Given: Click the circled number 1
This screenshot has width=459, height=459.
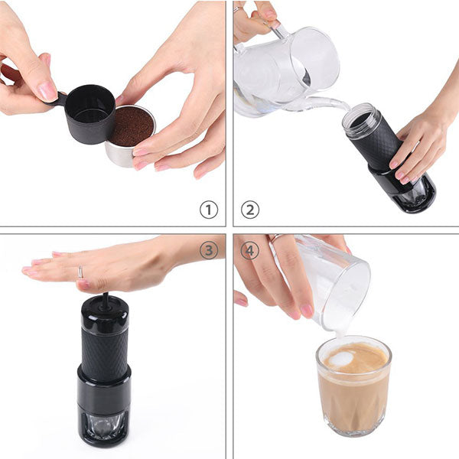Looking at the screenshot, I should pos(208,209).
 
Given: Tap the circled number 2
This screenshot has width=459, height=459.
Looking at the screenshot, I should pos(250,209).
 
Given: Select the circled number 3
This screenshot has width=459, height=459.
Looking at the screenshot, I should pos(208,250).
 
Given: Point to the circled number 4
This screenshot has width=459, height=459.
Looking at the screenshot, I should pos(250,250).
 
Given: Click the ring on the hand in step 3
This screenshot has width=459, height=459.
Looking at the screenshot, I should pos(80,272).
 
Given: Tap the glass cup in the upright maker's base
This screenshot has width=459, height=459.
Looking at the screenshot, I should pos(103,425).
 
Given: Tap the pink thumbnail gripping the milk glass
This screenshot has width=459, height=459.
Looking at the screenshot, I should pos(307,310).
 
